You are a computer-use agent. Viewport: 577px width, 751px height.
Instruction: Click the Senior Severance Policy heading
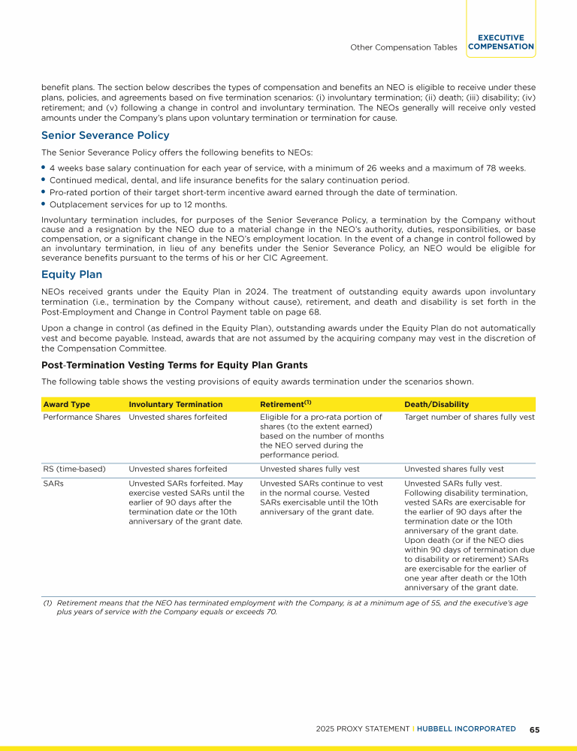[x=105, y=136]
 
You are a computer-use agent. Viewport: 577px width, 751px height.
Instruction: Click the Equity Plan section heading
[x=71, y=274]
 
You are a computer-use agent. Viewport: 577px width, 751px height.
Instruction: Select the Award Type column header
[x=66, y=404]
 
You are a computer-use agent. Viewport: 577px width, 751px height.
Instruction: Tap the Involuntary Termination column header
[x=176, y=404]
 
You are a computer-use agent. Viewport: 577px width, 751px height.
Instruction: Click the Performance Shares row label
[x=81, y=418]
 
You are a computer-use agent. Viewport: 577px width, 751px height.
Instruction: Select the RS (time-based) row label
[x=74, y=469]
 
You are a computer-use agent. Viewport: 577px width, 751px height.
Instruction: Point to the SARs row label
[x=53, y=484]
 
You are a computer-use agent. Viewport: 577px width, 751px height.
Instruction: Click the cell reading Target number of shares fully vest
[x=470, y=418]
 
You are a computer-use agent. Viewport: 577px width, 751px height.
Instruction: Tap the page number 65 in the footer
[x=535, y=728]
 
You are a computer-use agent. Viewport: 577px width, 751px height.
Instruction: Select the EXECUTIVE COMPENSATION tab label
[x=500, y=42]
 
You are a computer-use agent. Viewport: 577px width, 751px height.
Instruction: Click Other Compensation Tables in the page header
[x=403, y=47]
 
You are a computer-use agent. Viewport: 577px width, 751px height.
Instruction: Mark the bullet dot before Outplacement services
[x=44, y=204]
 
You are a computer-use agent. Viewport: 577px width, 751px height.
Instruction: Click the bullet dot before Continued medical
[x=44, y=179]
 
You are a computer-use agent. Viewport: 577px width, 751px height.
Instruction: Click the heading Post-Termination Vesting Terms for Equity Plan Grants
[x=174, y=366]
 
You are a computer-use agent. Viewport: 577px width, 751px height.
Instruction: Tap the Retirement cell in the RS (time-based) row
[x=307, y=469]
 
